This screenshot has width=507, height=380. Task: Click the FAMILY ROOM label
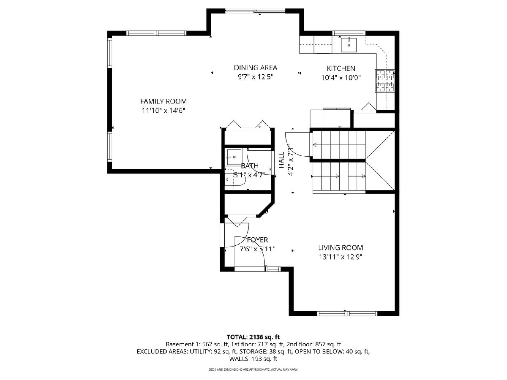coord(164,101)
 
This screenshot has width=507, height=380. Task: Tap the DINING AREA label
coord(256,68)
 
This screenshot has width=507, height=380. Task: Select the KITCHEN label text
coord(341,68)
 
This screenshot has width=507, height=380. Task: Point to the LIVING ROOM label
coord(341,247)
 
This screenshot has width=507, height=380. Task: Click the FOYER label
coord(258,240)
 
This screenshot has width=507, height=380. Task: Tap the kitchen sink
coord(349,46)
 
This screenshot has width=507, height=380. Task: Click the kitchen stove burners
coord(385,81)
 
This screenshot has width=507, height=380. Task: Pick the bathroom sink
coord(234,157)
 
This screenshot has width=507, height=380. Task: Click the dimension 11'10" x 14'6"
coord(164,111)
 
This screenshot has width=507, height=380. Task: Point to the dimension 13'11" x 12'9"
coord(341,257)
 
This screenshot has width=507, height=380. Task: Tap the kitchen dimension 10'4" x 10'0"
coord(341,78)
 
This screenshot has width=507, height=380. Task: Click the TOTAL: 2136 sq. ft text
coord(253,337)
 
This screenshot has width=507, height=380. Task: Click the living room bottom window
coord(347,314)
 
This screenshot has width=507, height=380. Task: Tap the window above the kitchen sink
coord(349,33)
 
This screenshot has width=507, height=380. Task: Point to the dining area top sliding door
coord(255,11)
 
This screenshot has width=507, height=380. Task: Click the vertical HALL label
coord(281,160)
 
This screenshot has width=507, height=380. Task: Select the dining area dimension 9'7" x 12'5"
coord(256,77)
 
